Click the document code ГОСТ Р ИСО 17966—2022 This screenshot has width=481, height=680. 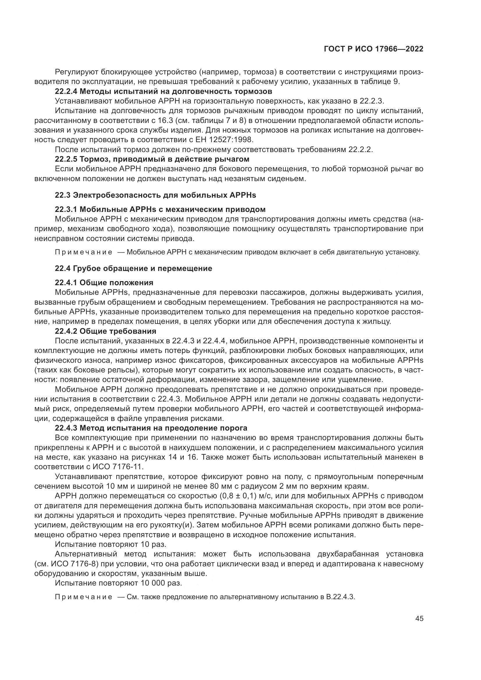(373, 49)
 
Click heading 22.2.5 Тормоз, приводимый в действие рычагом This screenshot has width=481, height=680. (152, 159)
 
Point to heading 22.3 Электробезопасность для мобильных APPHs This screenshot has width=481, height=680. (156, 195)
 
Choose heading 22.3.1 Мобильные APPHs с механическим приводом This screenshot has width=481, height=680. (160, 209)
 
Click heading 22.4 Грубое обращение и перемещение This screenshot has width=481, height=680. (133, 268)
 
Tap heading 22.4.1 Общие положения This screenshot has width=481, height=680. (104, 282)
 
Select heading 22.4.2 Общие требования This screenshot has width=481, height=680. (106, 331)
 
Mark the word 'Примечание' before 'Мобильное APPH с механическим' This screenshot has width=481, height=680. (84, 252)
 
